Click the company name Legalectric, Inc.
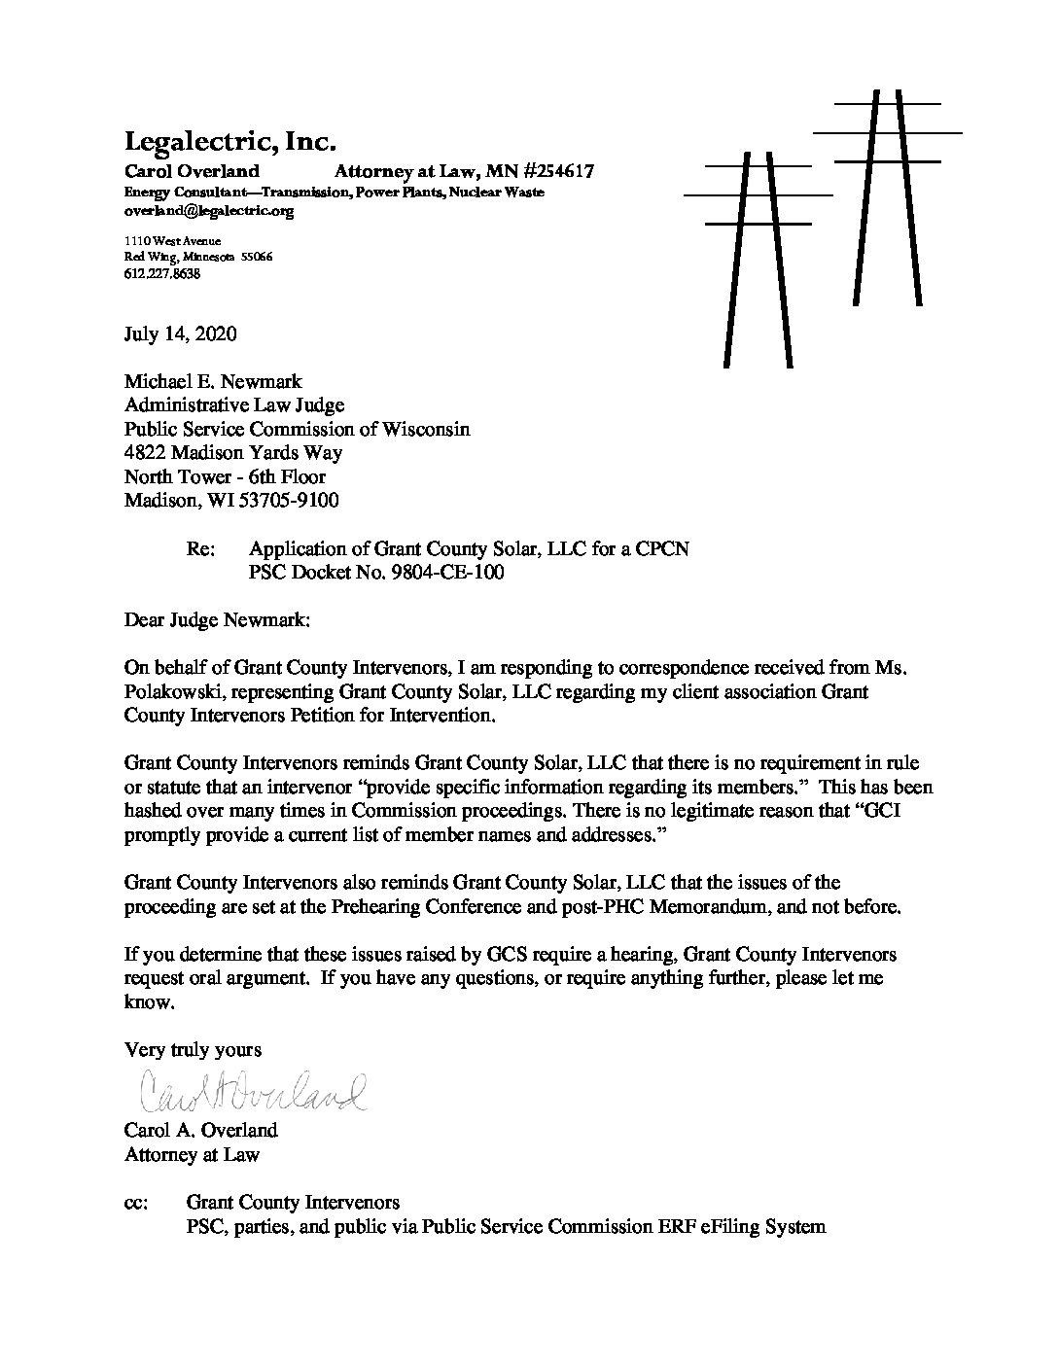229,142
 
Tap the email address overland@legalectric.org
208,210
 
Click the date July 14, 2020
180,334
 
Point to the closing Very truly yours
193,1050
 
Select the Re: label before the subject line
200,549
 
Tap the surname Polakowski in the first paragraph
170,692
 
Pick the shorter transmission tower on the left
758,253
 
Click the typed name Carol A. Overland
200,1131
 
